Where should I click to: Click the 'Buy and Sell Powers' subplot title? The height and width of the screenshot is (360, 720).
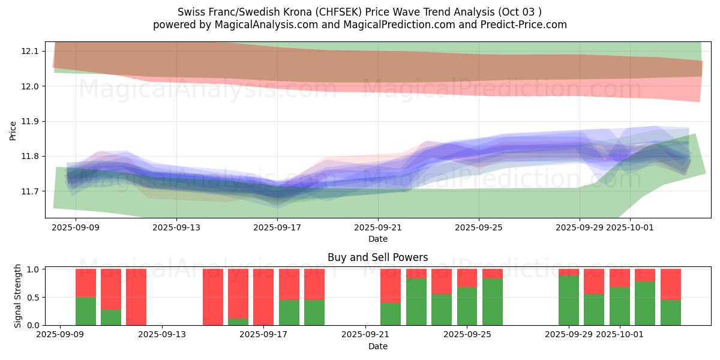(377, 257)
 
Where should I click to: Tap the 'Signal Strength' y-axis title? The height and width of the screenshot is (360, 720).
(18, 296)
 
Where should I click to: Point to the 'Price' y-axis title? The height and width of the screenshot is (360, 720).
(13, 130)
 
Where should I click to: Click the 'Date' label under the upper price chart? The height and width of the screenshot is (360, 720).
(377, 239)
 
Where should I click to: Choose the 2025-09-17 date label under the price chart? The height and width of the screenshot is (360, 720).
(277, 228)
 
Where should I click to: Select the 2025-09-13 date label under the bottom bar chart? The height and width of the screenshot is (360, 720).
(162, 334)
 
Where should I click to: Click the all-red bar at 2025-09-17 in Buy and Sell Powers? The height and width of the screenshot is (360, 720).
(263, 297)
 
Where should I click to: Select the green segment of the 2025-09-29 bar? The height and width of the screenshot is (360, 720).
(568, 301)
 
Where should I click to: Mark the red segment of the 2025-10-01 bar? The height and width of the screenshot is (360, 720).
(619, 278)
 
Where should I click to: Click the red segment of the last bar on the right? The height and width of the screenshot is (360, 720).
(670, 284)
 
